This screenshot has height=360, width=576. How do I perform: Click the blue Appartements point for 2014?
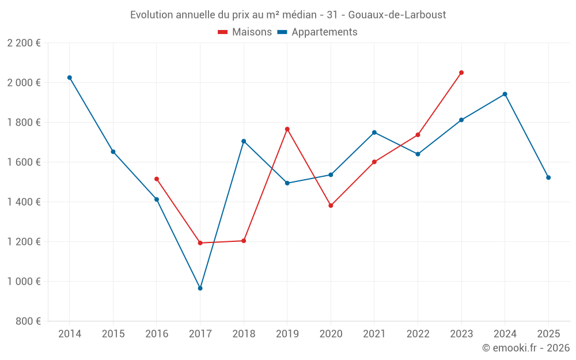[70, 77]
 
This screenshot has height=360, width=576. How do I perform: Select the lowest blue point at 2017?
[200, 288]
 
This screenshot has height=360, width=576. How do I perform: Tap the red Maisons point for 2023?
[461, 73]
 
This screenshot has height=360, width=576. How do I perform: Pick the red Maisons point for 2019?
[287, 129]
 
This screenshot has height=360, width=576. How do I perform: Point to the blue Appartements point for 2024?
[505, 94]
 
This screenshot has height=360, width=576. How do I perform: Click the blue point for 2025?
[548, 177]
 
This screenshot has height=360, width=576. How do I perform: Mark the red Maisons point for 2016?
[157, 179]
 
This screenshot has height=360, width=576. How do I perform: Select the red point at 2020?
[331, 206]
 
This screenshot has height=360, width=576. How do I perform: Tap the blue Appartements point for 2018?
[244, 141]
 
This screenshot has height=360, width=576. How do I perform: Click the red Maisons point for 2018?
[244, 241]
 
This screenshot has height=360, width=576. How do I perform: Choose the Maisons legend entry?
[245, 32]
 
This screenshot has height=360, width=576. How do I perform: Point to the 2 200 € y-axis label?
[24, 43]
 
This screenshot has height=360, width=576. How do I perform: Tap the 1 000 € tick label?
[24, 282]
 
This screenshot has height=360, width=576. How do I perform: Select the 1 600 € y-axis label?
[24, 162]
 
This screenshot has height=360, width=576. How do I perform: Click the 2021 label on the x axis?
[374, 334]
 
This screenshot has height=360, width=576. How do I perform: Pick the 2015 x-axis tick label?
[113, 334]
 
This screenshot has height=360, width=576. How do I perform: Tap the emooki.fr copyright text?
[526, 348]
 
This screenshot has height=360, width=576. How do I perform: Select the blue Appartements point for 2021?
[374, 132]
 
